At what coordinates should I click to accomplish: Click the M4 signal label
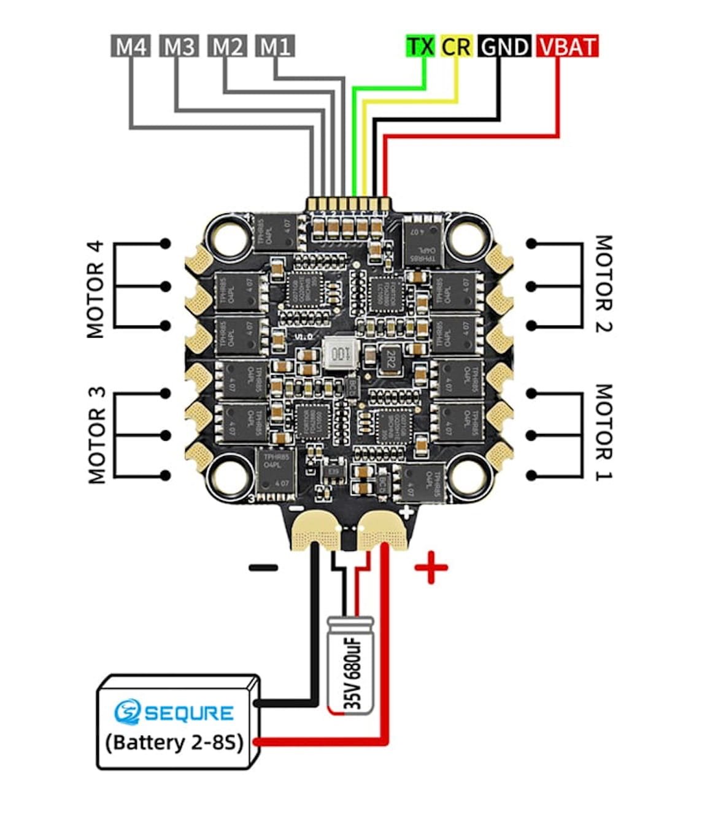tap(130, 46)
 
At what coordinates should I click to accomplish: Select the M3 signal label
tap(179, 46)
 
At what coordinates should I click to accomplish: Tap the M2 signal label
tap(227, 46)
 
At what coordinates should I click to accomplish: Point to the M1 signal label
tap(275, 46)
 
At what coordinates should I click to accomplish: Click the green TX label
tap(421, 46)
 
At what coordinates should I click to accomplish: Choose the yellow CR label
tap(456, 46)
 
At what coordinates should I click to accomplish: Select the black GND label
tap(504, 47)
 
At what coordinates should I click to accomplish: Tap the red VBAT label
tap(566, 47)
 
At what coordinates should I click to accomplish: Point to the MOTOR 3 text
tap(97, 435)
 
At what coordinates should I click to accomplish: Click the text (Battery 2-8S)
tap(174, 742)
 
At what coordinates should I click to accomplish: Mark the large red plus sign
tap(431, 568)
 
